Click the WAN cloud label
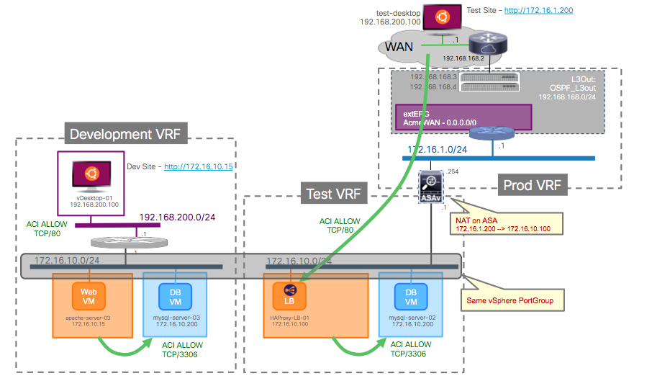(x=400, y=48)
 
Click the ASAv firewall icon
(x=430, y=184)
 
